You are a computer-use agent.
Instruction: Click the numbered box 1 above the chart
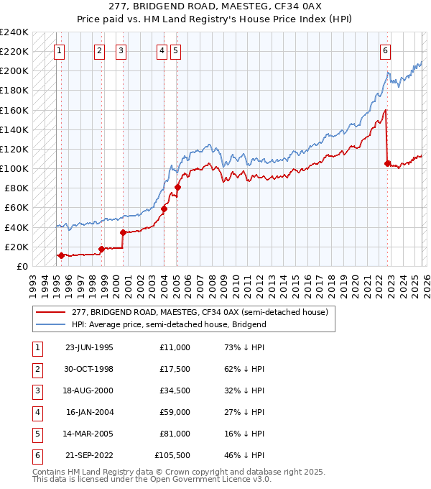[x=58, y=50]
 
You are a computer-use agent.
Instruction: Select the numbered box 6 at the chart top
[x=386, y=50]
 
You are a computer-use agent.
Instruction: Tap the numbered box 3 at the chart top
[x=121, y=50]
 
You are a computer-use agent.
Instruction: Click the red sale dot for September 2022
[x=387, y=163]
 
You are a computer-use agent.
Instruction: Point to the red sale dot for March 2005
[x=177, y=188]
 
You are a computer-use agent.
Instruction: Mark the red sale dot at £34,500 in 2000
[x=123, y=232]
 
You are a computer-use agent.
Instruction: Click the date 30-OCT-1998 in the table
[x=89, y=370]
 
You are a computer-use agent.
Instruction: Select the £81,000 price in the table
[x=173, y=434]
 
